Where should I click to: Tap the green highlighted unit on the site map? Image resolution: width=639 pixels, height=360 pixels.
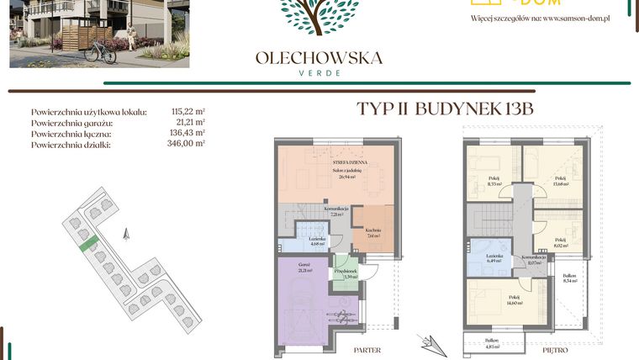pyautogui.click(x=86, y=246)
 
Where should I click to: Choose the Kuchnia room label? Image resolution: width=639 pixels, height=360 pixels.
pyautogui.click(x=373, y=233)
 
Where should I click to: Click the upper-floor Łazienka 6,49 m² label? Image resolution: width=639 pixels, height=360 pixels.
pyautogui.click(x=494, y=258)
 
